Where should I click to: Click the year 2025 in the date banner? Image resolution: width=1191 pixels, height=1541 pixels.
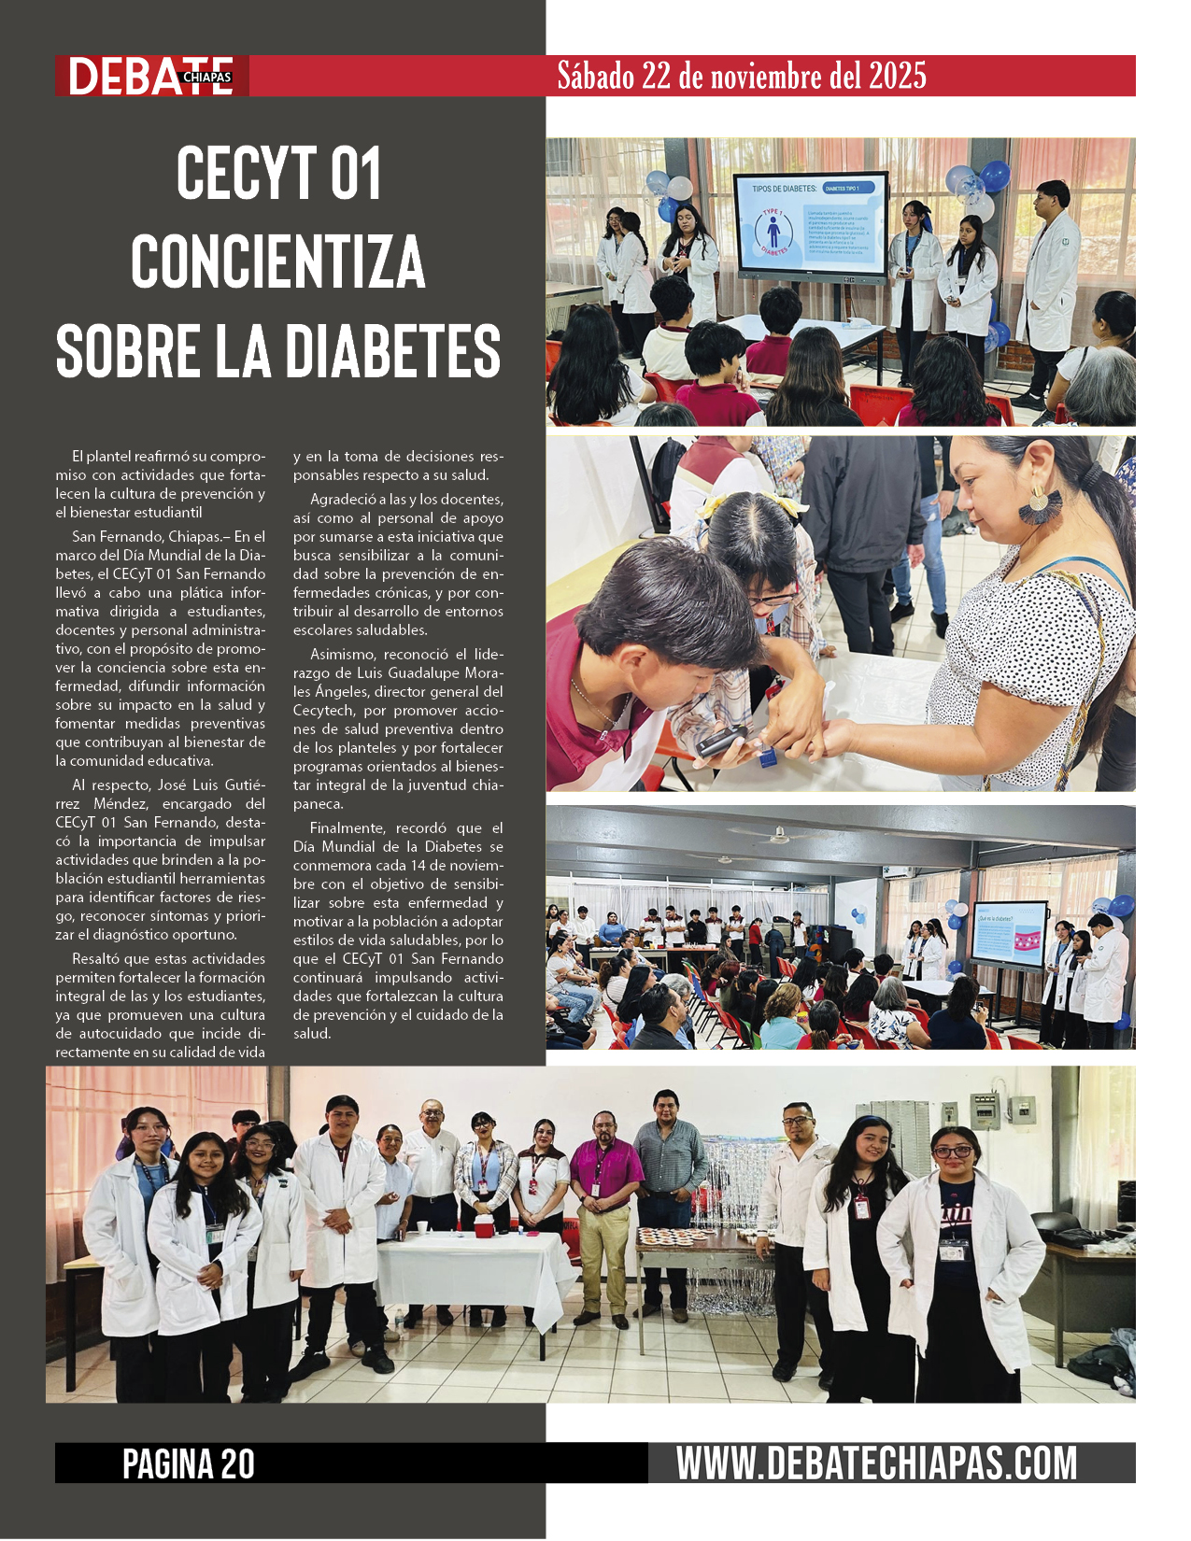(897, 76)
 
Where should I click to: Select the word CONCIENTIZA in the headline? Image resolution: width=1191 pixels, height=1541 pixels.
(277, 262)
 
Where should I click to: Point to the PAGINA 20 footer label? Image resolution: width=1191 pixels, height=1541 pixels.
(189, 1463)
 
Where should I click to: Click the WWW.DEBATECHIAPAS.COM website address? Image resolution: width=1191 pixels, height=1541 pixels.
(876, 1463)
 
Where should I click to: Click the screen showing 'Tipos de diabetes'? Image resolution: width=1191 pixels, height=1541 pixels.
(809, 224)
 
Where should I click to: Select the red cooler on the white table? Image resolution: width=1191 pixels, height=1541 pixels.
(485, 1225)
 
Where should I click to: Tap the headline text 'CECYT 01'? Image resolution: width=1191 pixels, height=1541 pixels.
(278, 174)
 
